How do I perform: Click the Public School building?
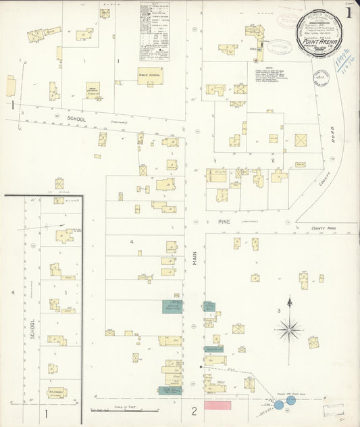(151, 76)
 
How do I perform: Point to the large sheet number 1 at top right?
(349, 12)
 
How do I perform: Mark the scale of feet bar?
(125, 409)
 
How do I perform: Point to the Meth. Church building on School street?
(93, 90)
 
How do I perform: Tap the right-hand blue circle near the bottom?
(290, 400)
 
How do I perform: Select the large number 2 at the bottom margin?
(193, 411)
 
